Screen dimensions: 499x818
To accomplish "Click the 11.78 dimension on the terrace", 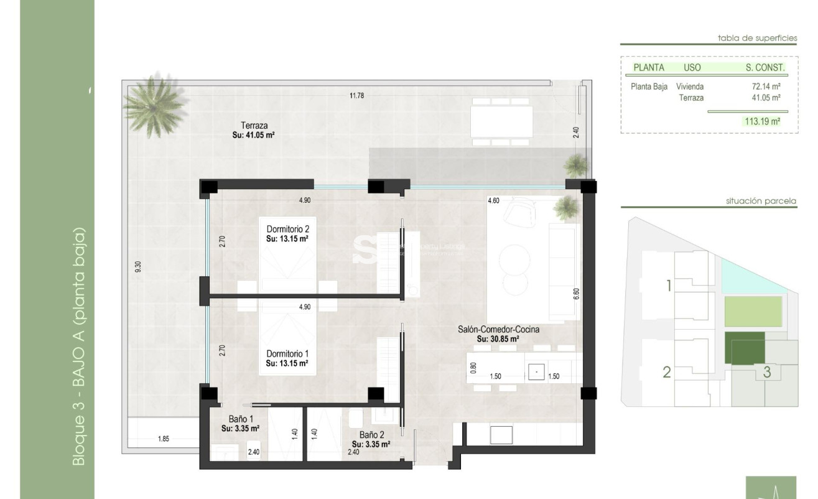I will pos(356,95).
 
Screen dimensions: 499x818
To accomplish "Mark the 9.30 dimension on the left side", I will pos(138,265).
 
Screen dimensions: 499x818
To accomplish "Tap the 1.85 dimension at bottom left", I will pos(163,439).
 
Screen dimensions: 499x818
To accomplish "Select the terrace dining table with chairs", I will pos(501,121).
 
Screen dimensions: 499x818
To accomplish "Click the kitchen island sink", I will pos(536,372).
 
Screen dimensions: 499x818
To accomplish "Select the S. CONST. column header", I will pos(765,67).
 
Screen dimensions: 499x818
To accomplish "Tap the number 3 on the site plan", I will pos(767,373).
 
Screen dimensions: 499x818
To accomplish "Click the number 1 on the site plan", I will pos(669,286).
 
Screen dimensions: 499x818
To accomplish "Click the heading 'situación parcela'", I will pos(761,201).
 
